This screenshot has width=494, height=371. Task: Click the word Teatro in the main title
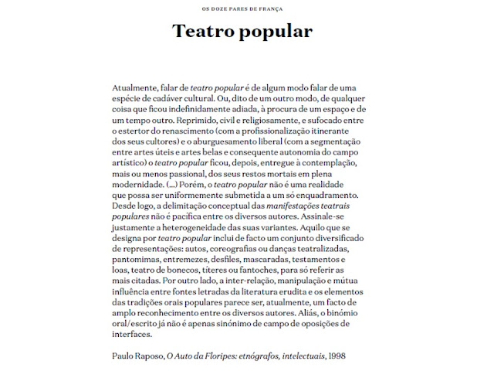202,32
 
